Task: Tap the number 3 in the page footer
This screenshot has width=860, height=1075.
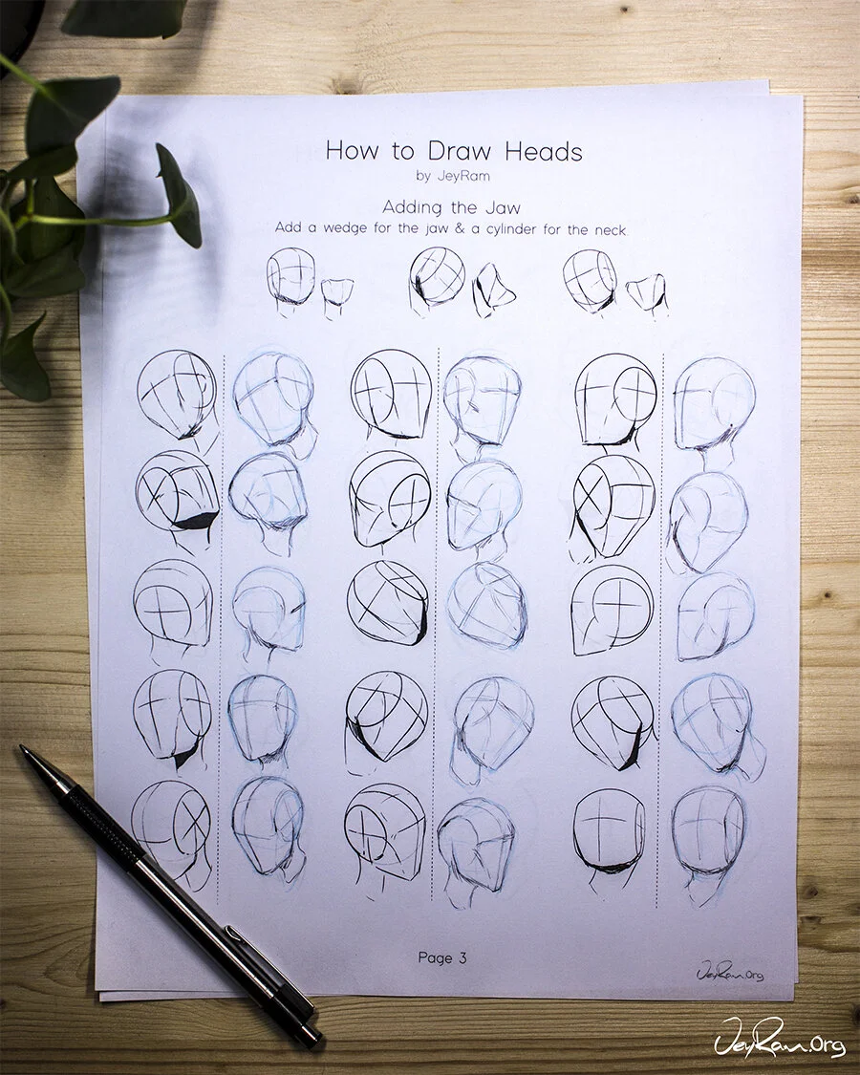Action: (x=462, y=957)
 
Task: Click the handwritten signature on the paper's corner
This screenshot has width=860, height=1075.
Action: (x=730, y=972)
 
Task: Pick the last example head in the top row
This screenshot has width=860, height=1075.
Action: (x=590, y=280)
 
